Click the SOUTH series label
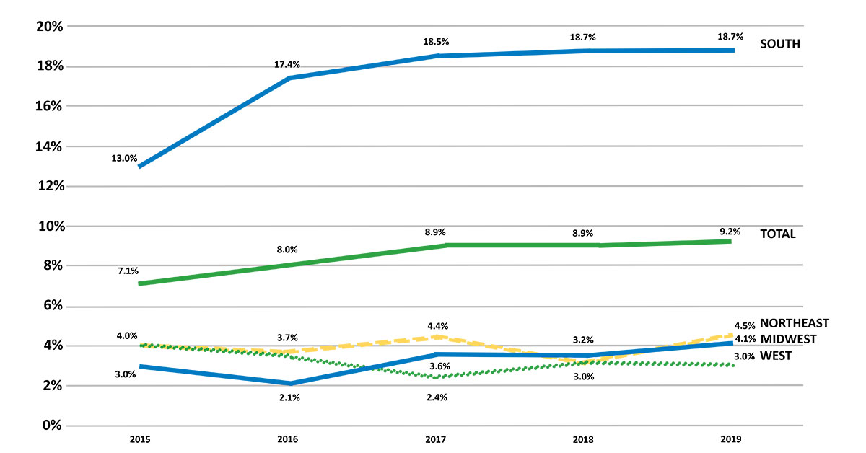pyautogui.click(x=780, y=44)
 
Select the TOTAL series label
pyautogui.click(x=778, y=234)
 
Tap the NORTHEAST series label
pyautogui.click(x=794, y=323)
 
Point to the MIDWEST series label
pyautogui.click(x=789, y=339)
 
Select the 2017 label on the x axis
pyautogui.click(x=436, y=439)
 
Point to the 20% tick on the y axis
pyautogui.click(x=50, y=27)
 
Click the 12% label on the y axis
pyautogui.click(x=50, y=186)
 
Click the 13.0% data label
pyautogui.click(x=125, y=159)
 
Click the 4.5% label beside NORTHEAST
pyautogui.click(x=745, y=324)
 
